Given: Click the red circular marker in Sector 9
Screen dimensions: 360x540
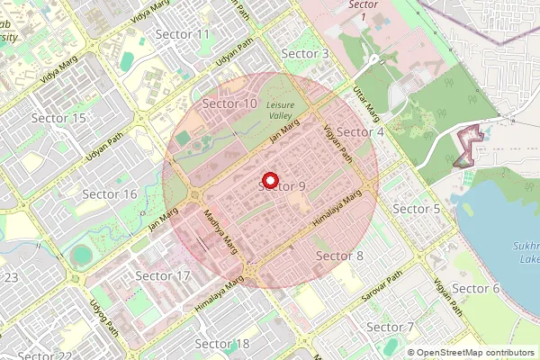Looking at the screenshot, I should pos(270,180).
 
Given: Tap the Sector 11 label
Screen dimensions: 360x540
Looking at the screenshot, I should pos(183,34).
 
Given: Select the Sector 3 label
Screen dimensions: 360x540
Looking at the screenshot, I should pos(305,54).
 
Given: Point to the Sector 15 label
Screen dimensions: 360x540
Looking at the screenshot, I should pos(58,119).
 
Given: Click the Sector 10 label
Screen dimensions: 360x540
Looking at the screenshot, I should pos(229,104).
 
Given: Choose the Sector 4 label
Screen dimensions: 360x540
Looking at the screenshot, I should pos(360,132).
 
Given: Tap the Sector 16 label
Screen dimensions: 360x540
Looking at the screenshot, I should pos(110,194).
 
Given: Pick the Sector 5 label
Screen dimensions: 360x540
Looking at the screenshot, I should pos(417,209).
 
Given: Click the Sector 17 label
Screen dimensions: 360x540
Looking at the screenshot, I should pos(162,275).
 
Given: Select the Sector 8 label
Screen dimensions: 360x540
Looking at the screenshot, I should pos(339,256).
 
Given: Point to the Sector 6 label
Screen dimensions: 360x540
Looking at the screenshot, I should pos(475,288).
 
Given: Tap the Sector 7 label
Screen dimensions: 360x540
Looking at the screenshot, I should pos(391,327).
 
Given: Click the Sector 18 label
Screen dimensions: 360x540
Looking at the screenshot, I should pos(221,344).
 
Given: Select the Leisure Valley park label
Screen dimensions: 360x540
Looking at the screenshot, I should pos(285,111).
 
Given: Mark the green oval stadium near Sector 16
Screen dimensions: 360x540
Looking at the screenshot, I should pos(82,256).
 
